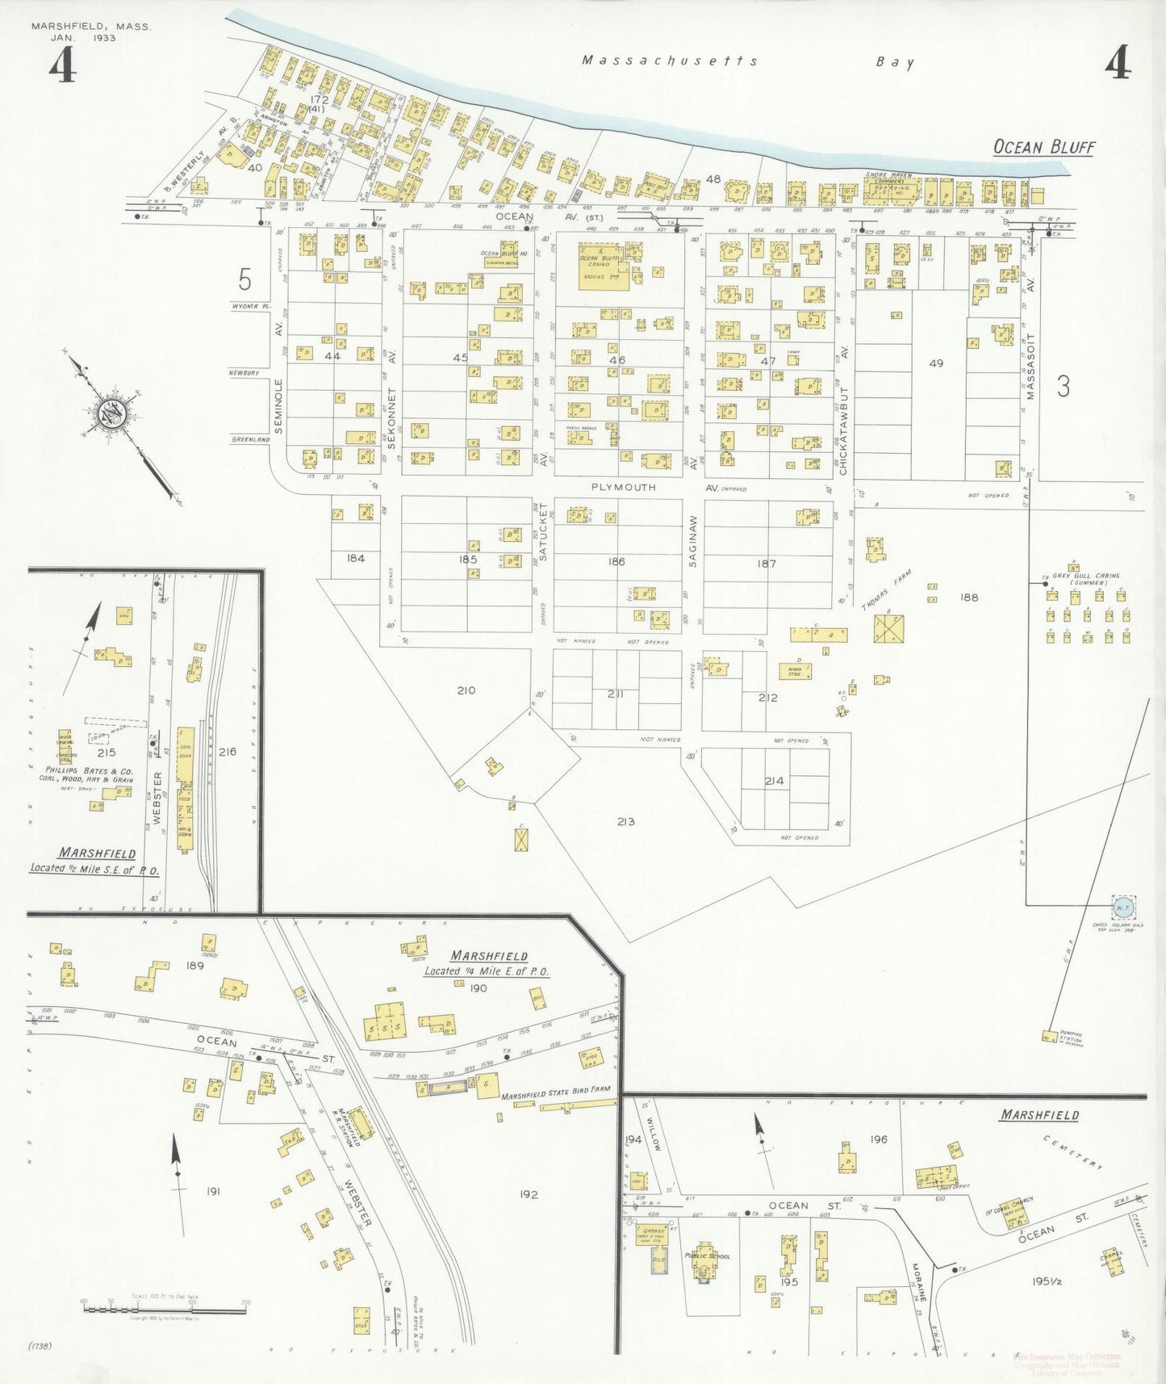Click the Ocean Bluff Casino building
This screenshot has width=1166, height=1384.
[x=604, y=266]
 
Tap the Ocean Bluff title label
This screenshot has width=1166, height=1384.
[x=1043, y=147]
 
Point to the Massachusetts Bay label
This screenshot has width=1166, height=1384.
[x=747, y=61]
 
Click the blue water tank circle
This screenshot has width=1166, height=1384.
[x=1122, y=908]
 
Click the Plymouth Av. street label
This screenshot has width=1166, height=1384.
[x=624, y=488]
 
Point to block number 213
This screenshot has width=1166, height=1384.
[x=625, y=821]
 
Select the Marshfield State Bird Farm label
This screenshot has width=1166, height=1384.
[x=555, y=1097]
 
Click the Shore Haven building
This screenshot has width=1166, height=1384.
[x=891, y=191]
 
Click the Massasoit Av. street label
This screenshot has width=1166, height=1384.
[x=1030, y=368]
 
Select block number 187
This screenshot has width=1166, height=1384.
[x=767, y=564]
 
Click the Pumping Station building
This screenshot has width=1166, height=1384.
[x=1049, y=1036]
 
